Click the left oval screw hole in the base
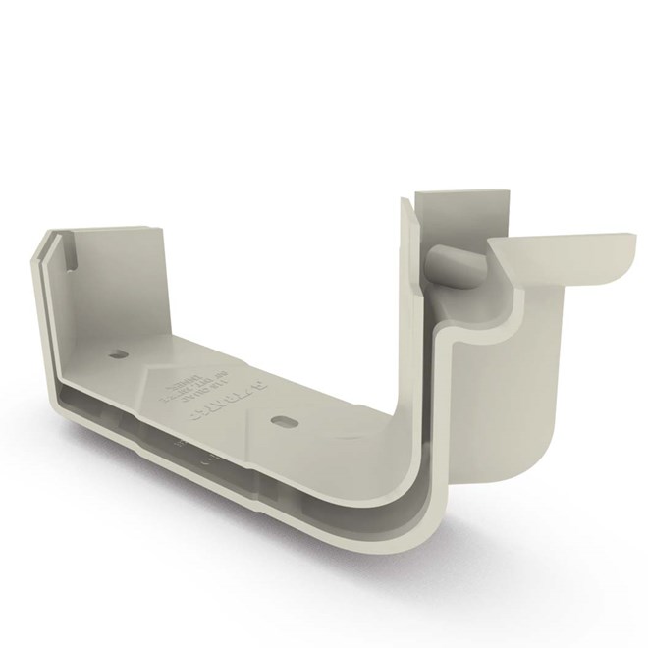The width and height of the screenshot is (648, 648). tap(122, 353)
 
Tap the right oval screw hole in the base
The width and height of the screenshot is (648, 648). tap(283, 419)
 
